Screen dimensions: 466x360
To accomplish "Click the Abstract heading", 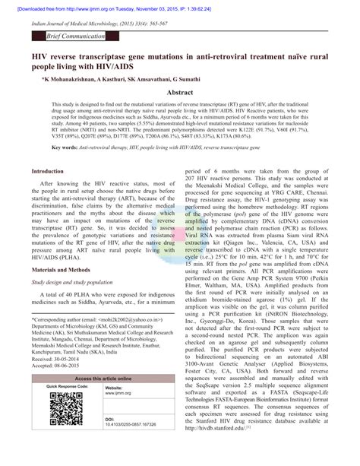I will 180,90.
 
